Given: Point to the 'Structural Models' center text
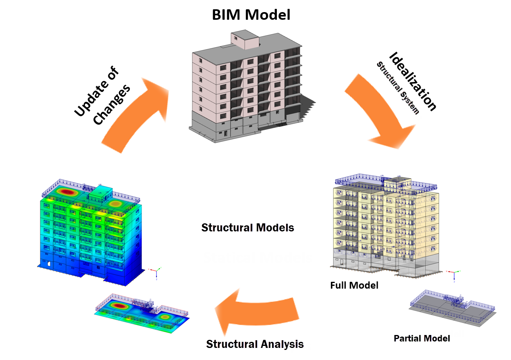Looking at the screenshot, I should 247,228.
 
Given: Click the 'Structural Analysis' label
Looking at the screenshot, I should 255,344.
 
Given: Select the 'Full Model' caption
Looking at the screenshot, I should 354,285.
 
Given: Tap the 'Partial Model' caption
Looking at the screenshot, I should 422,338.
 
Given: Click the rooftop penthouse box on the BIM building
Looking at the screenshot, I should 245,40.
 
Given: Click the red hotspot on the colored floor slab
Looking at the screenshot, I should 120,306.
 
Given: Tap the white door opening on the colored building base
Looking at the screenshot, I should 49,264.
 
